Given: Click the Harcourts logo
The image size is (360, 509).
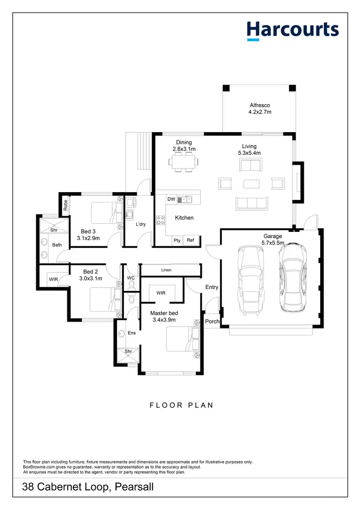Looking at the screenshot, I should (x=293, y=30).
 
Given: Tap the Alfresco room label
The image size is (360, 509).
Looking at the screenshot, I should (x=260, y=106).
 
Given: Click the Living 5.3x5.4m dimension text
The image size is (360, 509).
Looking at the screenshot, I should (x=249, y=153).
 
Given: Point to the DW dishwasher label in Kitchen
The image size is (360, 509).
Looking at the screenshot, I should (x=171, y=199).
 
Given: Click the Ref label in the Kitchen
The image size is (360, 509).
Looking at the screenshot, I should (x=191, y=240).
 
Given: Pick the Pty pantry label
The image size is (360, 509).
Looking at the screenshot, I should (x=177, y=240).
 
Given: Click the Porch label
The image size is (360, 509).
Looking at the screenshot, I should (x=212, y=321).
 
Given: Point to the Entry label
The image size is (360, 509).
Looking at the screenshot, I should (x=212, y=287).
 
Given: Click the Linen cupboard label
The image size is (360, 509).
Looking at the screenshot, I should (x=166, y=270).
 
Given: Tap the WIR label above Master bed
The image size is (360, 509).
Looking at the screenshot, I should (x=161, y=292).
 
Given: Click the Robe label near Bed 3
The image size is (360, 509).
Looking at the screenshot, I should (x=65, y=205).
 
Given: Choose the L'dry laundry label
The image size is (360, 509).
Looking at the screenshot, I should (x=141, y=224).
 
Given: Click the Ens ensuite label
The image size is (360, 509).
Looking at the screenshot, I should (x=132, y=332).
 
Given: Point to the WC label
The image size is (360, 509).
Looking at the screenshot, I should (x=130, y=278).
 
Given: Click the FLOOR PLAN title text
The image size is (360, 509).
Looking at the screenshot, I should (x=181, y=405).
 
